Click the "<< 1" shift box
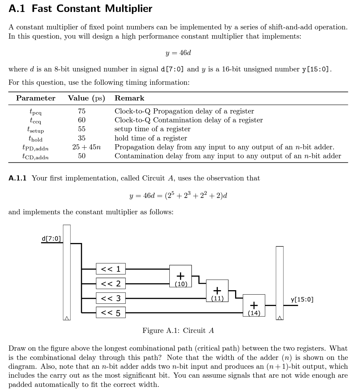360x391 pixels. pos(111,269)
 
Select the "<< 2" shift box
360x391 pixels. pos(111,283)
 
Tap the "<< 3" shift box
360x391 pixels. pos(111,298)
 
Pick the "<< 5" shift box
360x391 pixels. pos(111,312)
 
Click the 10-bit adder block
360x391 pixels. pos(180,276)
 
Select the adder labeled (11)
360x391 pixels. pos(217,291)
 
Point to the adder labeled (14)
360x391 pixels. pos(254,305)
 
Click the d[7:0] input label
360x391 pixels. pos(51,239)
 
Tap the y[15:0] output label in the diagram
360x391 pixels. pos(302,299)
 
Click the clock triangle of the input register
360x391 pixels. pos(67,318)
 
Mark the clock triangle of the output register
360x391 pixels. pos(280,318)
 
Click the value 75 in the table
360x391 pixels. pos(81,111)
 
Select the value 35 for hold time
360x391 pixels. pos(81,138)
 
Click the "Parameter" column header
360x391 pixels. pos(36,98)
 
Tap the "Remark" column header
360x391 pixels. pos(129,98)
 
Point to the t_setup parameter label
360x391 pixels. pos(36,130)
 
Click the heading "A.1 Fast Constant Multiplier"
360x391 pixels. pos(80,9)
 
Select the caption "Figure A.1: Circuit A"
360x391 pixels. pos(178,331)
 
